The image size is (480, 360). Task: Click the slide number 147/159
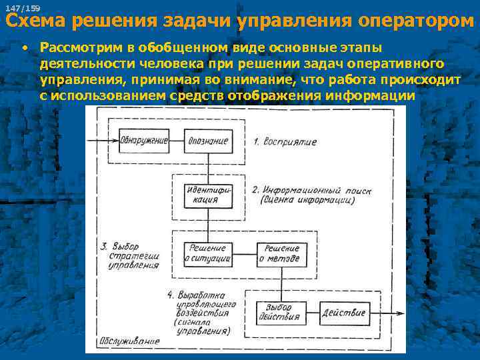pos(23,8)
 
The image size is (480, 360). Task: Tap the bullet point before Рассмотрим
pos(24,49)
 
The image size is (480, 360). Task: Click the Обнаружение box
pos(144,141)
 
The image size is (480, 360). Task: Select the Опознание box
pos(208,141)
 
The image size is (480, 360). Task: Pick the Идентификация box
pos(208,193)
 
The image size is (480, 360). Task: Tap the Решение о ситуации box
pos(208,253)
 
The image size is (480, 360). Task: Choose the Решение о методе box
pos(281,253)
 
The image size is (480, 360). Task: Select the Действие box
pos(344,312)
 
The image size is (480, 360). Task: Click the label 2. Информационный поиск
pos(311,195)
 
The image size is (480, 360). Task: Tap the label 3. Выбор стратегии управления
pos(130,255)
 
